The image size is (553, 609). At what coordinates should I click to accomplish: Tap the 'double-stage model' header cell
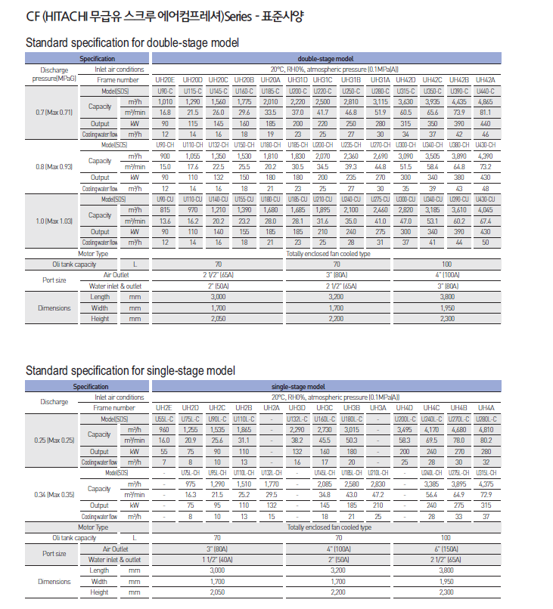click(x=326, y=58)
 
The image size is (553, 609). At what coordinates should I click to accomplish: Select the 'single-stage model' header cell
click(x=326, y=386)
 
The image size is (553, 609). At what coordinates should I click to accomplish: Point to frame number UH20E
click(x=165, y=79)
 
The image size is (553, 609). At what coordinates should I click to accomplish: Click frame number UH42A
click(x=486, y=79)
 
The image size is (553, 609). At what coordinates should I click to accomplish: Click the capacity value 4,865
click(x=486, y=101)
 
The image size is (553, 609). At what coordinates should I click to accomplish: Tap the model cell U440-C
click(x=486, y=91)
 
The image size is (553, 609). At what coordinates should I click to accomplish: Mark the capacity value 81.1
click(x=486, y=112)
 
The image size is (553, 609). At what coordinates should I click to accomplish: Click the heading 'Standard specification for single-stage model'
click(x=130, y=370)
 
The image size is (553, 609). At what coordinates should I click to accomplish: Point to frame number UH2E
click(x=164, y=407)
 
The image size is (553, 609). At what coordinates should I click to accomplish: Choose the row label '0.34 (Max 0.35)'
click(x=54, y=495)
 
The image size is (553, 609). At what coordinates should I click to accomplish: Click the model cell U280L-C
click(x=486, y=419)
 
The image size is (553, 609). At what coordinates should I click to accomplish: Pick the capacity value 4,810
click(x=486, y=429)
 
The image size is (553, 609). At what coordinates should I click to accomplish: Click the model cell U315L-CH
click(x=486, y=473)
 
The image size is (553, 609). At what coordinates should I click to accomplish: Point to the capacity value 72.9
click(x=486, y=495)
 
